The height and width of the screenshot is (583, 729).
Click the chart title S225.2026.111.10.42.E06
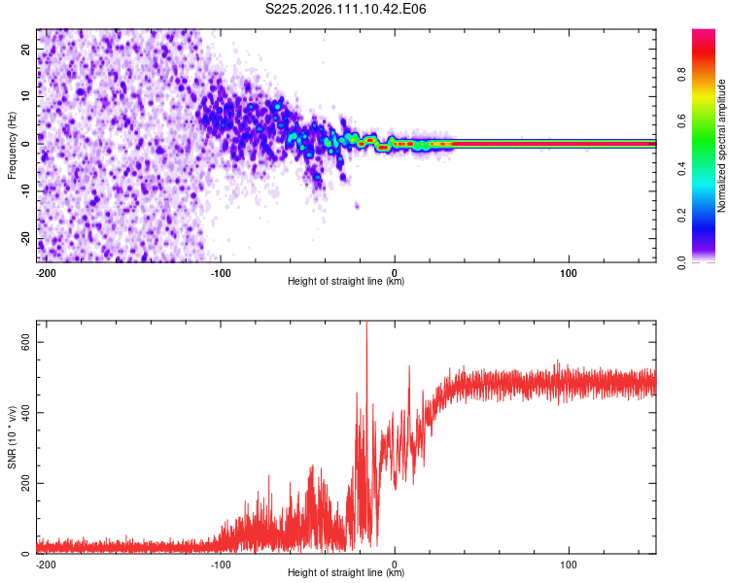coord(346,10)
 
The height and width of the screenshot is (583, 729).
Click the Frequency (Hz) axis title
coord(13,145)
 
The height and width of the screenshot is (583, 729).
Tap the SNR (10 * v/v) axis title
coord(13,437)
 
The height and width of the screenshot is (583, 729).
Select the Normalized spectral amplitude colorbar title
coord(722,146)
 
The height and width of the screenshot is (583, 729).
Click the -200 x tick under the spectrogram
coord(45,271)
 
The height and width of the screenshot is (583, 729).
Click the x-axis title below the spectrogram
coord(346,282)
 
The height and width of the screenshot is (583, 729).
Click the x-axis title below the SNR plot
coord(346,573)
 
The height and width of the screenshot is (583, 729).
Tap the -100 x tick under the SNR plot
coord(220,563)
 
